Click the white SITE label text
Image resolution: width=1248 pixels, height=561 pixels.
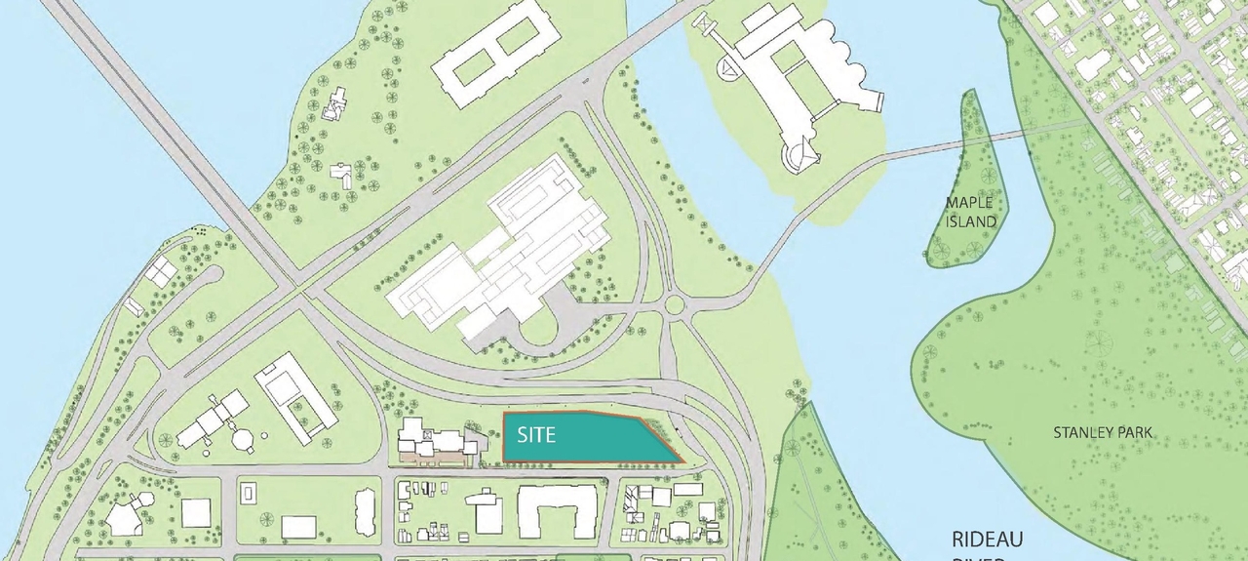[536, 434]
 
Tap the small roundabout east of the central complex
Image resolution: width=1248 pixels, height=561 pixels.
[675, 306]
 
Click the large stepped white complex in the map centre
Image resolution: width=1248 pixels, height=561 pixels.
[507, 254]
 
